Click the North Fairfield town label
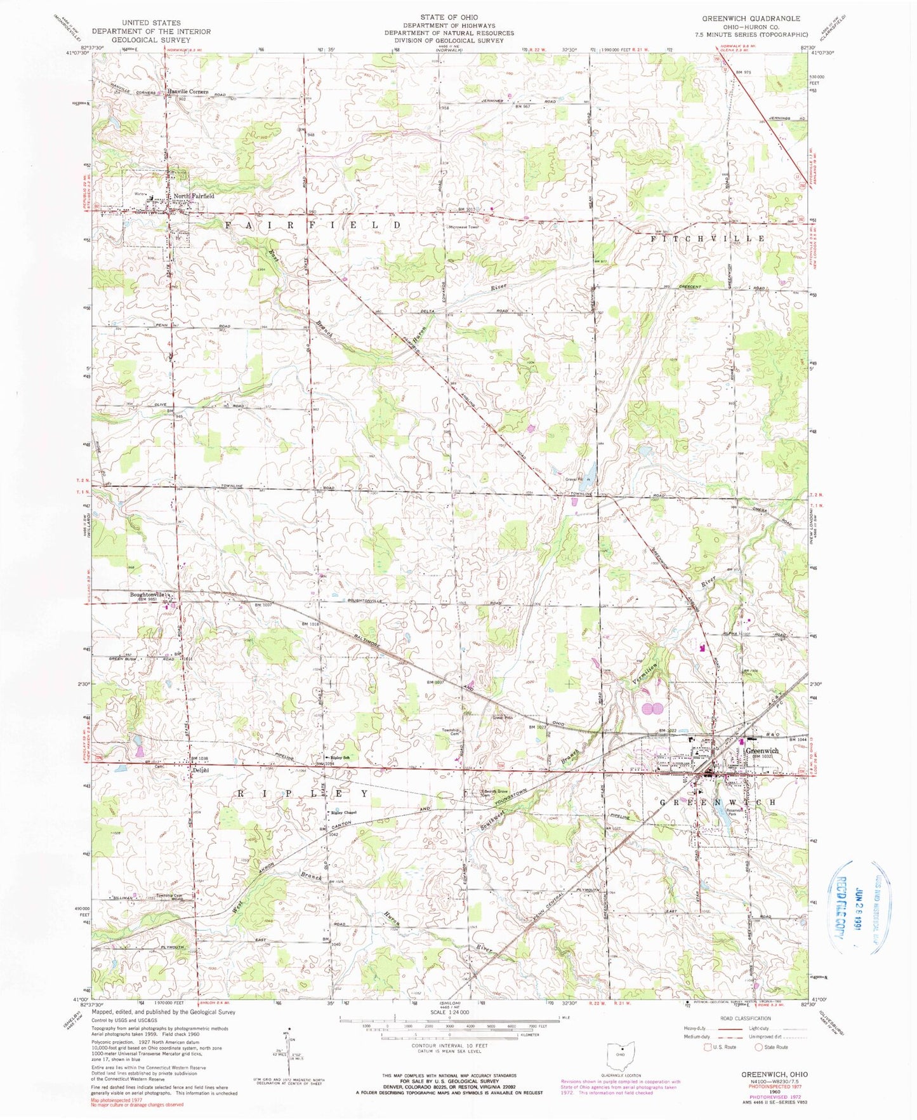click(x=194, y=196)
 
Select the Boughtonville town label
click(x=148, y=594)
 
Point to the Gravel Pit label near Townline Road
click(x=575, y=479)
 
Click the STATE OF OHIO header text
click(x=449, y=17)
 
